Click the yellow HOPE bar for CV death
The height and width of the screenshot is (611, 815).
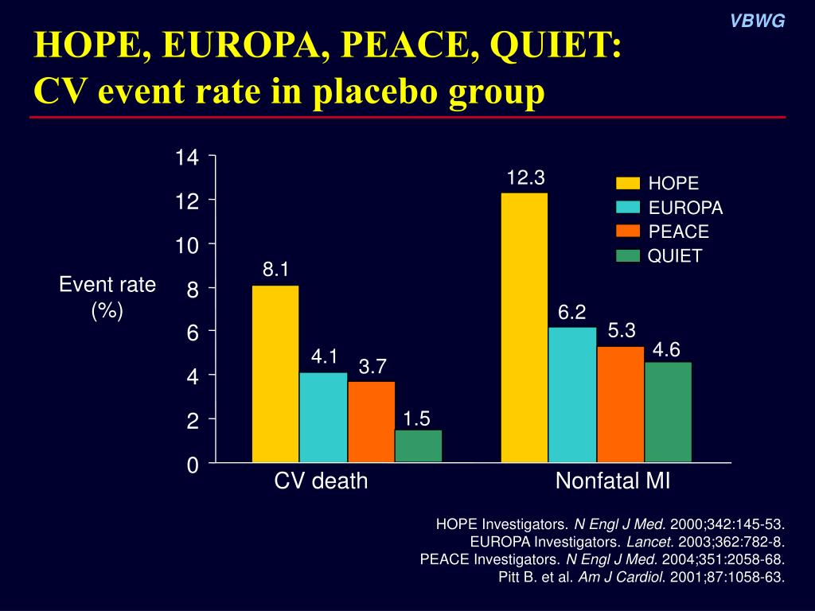point(275,374)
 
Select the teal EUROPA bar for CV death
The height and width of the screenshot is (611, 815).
point(323,417)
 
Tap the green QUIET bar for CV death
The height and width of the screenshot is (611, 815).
point(418,446)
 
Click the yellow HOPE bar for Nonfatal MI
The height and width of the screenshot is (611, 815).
point(524,327)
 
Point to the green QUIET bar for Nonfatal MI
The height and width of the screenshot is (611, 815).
point(668,412)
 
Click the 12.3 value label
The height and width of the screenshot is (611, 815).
point(525,177)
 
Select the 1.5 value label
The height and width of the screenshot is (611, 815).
point(416,418)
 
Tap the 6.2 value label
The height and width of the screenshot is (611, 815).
point(571,313)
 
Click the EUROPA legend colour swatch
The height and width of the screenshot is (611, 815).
point(628,208)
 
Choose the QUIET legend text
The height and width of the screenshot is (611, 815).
point(675,256)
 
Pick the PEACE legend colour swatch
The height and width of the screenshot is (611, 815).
point(628,232)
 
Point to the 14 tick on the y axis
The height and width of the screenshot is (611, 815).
point(187,158)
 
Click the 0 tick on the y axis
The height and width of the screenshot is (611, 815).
point(192,465)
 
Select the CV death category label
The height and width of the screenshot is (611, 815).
point(322,481)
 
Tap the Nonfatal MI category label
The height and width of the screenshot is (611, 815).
point(613,481)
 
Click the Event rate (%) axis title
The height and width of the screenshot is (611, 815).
point(107,297)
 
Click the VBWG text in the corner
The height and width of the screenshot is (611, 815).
point(758,21)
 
